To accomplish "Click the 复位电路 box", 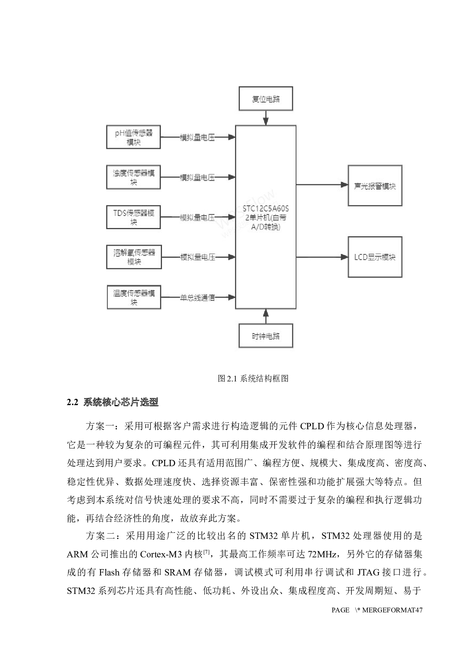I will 266,99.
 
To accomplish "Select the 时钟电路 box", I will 266,336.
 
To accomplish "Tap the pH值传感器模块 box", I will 133,137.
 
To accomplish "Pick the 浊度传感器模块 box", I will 133,177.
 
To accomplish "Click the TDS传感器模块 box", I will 133,217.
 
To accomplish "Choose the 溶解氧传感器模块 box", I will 134,257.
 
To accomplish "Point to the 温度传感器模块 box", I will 134,297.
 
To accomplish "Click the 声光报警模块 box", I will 375,185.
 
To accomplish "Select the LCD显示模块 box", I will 375,257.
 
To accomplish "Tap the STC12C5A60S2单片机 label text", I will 266,217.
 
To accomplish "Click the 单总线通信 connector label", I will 197,298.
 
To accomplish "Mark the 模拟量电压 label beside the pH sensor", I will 197,138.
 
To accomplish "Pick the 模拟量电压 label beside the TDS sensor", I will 197,217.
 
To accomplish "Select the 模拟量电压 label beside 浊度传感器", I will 197,177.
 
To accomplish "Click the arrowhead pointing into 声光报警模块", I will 344,185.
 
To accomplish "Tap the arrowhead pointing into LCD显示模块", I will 344,257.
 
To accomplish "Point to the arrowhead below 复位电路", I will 266,121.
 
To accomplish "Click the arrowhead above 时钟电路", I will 266,313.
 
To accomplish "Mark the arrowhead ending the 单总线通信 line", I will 232,297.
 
